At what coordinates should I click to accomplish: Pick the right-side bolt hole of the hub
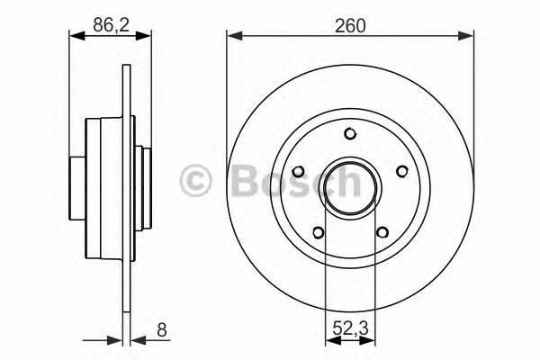[400, 171]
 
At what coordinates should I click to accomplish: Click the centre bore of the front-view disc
[350, 187]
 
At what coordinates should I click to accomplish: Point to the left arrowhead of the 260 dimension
[231, 37]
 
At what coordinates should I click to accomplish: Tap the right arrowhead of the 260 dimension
[469, 37]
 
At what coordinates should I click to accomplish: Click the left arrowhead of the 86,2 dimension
[75, 37]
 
